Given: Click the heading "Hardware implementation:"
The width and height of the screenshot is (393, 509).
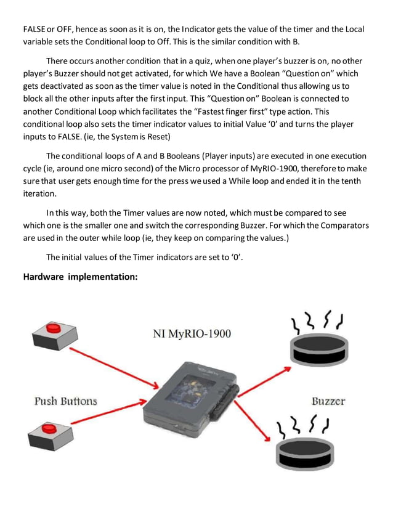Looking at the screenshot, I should click(x=80, y=277).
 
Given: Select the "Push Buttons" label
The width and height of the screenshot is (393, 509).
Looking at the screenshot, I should click(x=65, y=401).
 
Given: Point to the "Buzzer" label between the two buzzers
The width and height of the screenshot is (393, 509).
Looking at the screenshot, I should click(x=328, y=401).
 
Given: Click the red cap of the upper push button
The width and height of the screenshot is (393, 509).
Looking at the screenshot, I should click(x=54, y=327).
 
